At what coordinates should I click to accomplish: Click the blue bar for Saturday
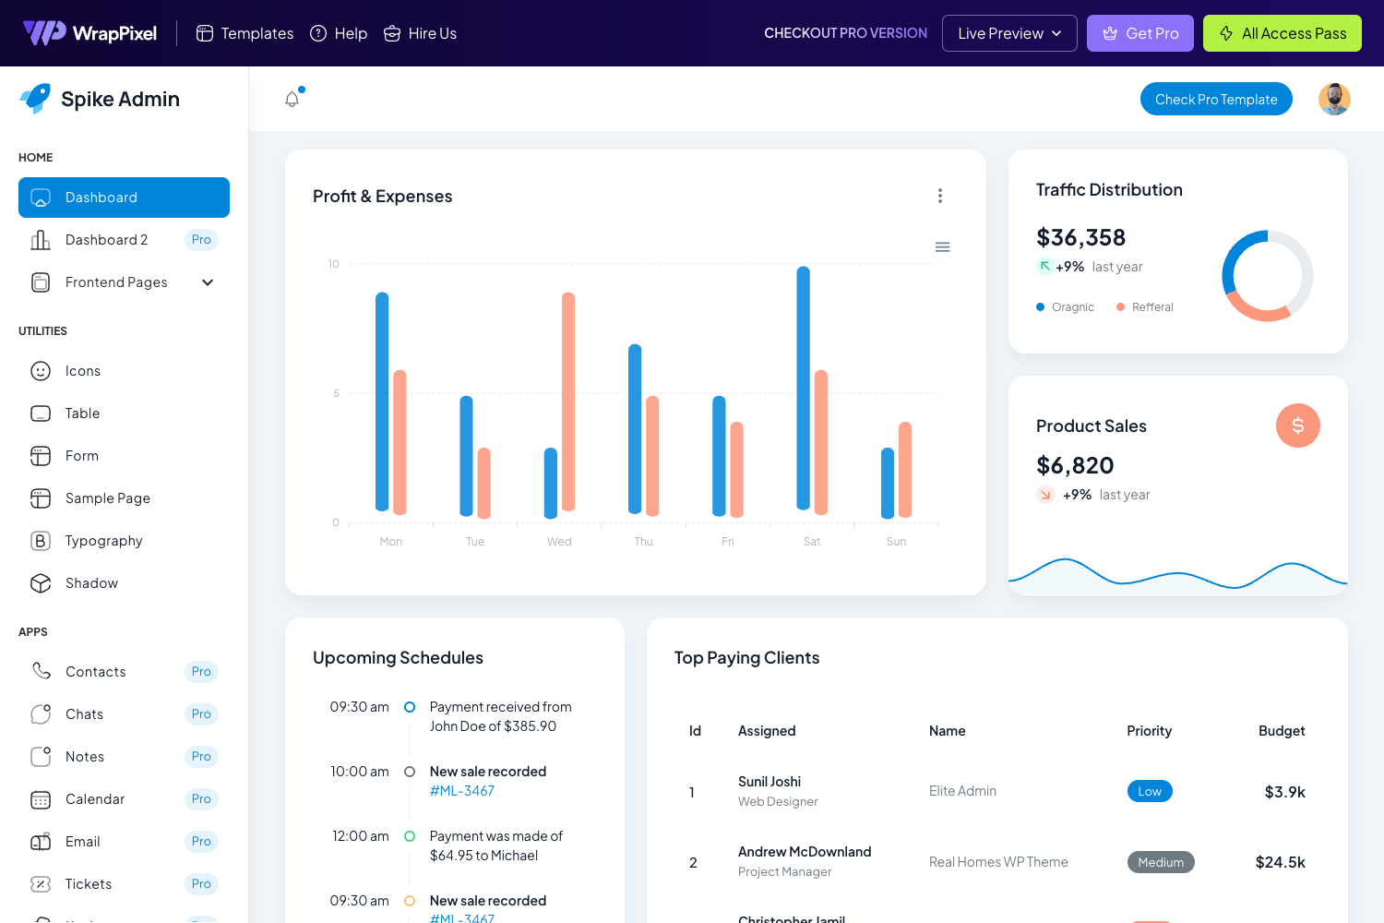coord(803,388)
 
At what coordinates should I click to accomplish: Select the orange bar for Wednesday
coord(568,402)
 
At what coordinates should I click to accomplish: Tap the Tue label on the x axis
coord(475,542)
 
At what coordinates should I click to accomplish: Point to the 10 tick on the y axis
coord(334,264)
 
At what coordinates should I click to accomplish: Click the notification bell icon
coord(292,99)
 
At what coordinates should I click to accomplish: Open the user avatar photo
coord(1334,99)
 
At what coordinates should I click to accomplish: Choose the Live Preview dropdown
coord(1008,33)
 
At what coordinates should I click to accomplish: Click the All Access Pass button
coord(1282,33)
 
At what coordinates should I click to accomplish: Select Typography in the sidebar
coord(103,541)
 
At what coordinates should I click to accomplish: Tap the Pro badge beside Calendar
coord(201,799)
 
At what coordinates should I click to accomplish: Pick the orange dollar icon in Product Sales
coord(1297,426)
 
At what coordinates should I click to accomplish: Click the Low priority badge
coord(1150,791)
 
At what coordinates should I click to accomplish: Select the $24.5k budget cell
coord(1280,862)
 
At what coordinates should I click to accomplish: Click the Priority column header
coord(1149,731)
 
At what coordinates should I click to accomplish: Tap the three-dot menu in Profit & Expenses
coord(940,196)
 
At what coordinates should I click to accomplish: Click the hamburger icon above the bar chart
coord(942,247)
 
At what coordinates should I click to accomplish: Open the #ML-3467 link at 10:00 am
coord(462,791)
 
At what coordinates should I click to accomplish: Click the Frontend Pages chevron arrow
coord(208,282)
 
